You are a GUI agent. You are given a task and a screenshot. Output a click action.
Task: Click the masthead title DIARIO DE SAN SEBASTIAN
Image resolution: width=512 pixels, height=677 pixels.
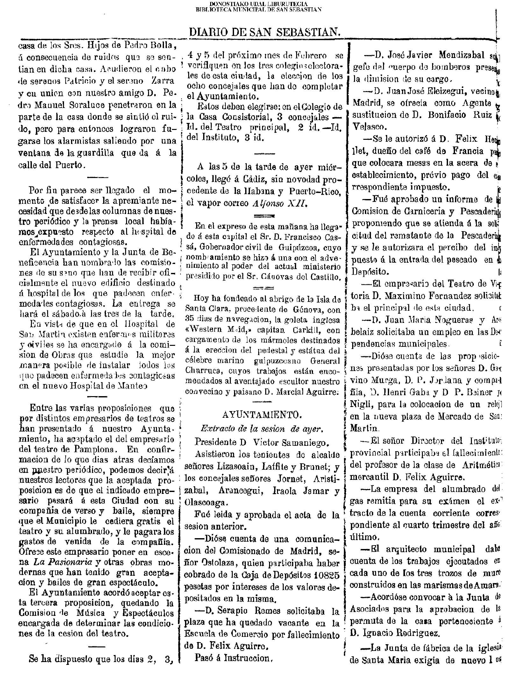(x=265, y=32)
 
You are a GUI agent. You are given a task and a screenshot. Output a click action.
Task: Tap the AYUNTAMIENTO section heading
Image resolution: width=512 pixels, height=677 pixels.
(x=261, y=415)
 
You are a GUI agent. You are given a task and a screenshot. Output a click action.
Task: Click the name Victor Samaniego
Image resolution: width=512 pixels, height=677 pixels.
(x=288, y=442)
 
